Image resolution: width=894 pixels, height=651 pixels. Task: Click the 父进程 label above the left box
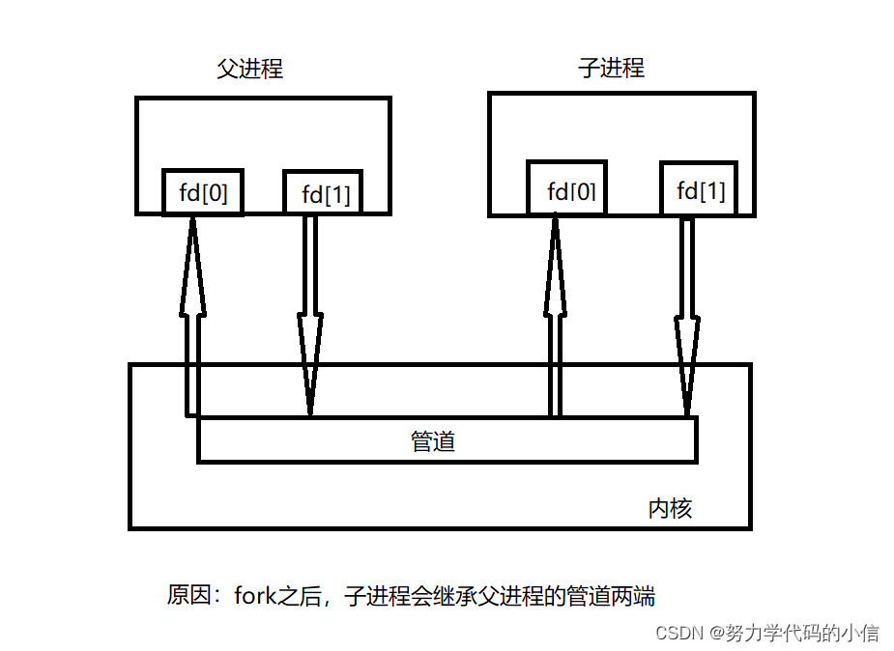pyautogui.click(x=249, y=70)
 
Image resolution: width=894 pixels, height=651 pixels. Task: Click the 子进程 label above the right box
pyautogui.click(x=611, y=69)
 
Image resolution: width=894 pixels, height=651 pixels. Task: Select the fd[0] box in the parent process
pyautogui.click(x=203, y=193)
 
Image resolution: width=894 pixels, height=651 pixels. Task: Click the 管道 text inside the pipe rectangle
pyautogui.click(x=432, y=442)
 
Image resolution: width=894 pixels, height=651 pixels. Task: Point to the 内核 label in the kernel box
pyautogui.click(x=669, y=508)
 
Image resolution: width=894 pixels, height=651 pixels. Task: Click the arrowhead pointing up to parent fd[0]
pyautogui.click(x=192, y=266)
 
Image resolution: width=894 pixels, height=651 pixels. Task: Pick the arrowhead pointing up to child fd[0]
pyautogui.click(x=555, y=266)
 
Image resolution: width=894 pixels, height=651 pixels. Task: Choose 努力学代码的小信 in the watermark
pyautogui.click(x=802, y=633)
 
